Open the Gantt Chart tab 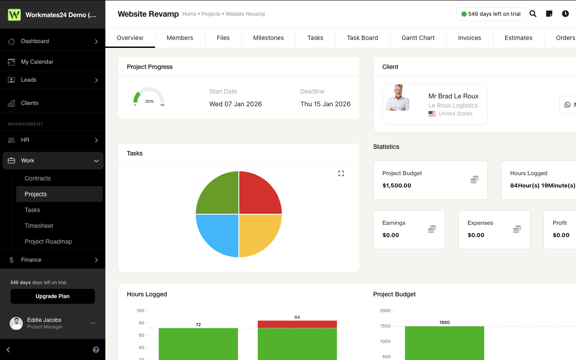coord(418,38)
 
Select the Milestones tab coord(268,38)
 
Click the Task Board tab coord(362,38)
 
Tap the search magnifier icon coord(533,14)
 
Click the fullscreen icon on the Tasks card coord(341,173)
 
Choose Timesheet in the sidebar coord(39,226)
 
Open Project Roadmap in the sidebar coord(48,241)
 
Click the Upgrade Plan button coord(52,296)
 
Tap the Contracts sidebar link coord(38,178)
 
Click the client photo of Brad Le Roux coord(397,98)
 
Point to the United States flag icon coord(432,114)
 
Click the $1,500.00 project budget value coord(397,185)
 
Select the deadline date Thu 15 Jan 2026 coord(325,104)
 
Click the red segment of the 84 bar coord(297,324)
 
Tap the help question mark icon coord(96,350)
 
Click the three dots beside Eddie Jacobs coord(93,323)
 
